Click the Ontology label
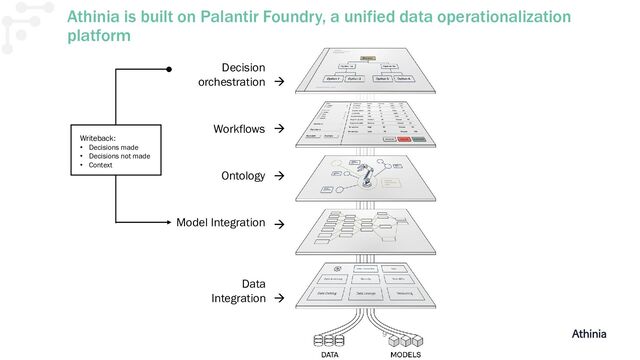tap(242, 176)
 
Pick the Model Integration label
tap(221, 222)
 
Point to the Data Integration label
tap(239, 290)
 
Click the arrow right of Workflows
tap(279, 130)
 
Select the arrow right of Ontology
tap(279, 177)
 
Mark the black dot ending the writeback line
tap(169, 70)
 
